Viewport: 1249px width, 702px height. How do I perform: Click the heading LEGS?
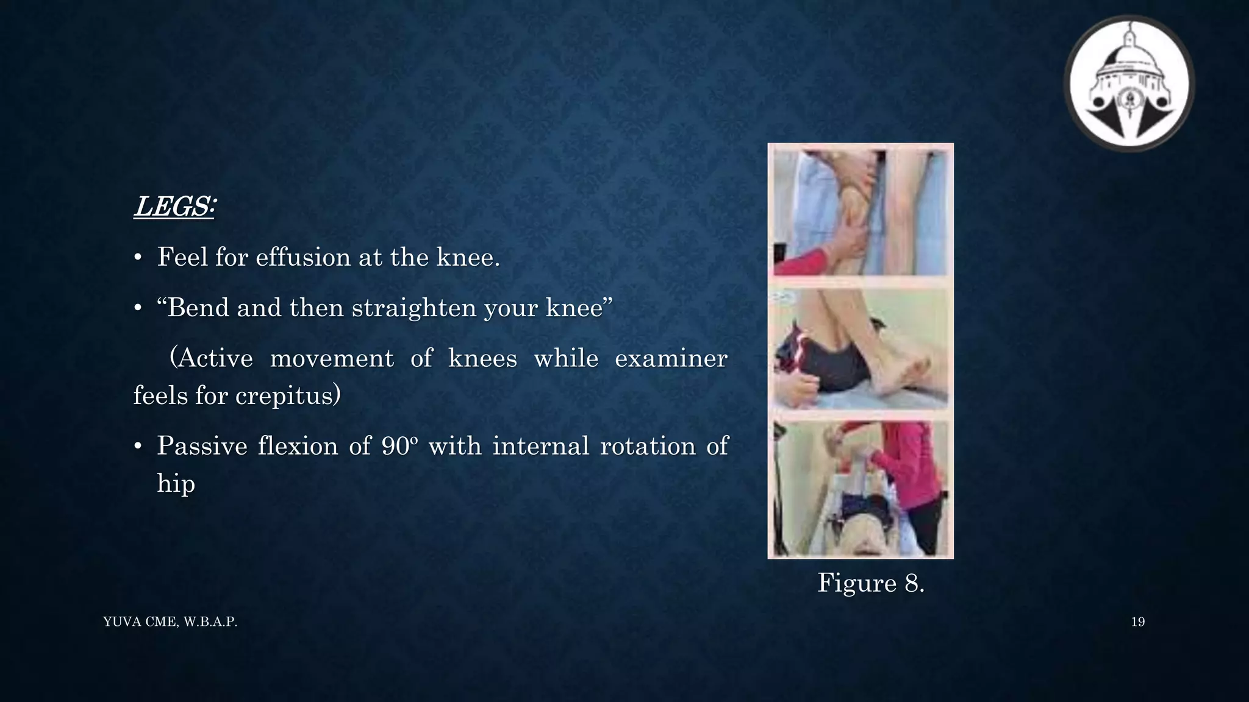(174, 207)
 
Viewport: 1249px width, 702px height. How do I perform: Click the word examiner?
(671, 358)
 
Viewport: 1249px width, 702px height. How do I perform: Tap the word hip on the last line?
(176, 484)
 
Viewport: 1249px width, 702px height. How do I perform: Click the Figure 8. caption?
(870, 583)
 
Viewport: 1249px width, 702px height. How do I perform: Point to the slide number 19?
(1137, 622)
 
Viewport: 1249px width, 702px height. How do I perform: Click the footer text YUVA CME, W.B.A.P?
(170, 622)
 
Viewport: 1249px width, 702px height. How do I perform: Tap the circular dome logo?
(1129, 84)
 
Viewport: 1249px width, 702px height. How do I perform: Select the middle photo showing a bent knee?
(860, 349)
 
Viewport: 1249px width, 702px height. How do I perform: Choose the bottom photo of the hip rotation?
(860, 487)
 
